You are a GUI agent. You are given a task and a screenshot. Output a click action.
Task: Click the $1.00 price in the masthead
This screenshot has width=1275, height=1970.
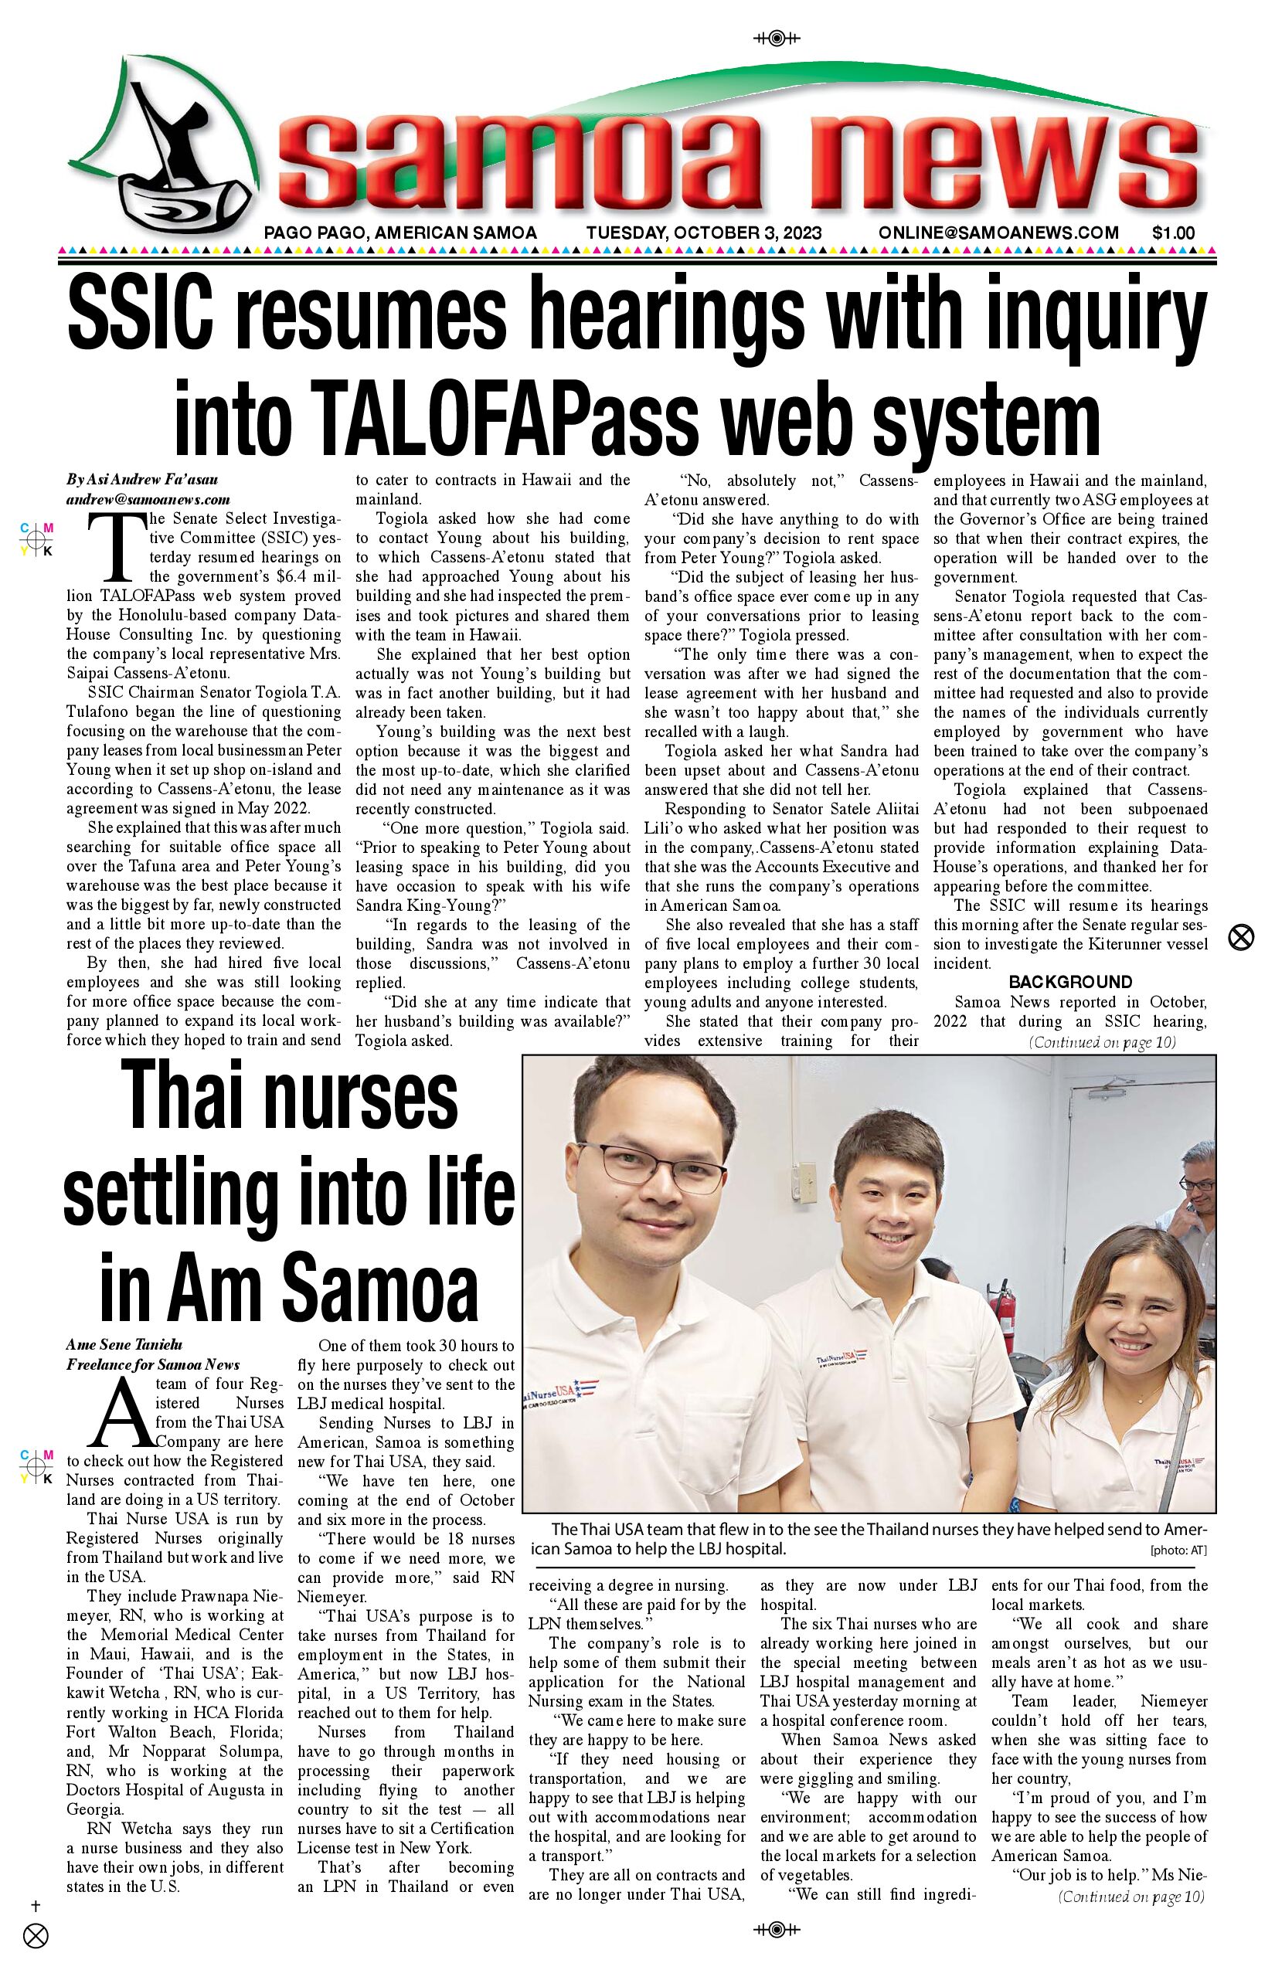point(1173,233)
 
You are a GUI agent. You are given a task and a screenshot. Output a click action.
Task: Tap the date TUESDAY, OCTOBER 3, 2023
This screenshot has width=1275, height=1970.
point(704,233)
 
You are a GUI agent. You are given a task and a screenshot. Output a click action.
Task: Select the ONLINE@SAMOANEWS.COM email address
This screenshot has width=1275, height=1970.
point(998,233)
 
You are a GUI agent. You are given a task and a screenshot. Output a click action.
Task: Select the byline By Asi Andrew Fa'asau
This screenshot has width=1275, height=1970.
point(142,480)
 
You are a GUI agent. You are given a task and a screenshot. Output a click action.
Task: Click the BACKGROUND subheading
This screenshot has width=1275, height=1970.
point(1069,983)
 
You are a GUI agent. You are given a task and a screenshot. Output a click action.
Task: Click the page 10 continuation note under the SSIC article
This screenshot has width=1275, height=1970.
point(1102,1042)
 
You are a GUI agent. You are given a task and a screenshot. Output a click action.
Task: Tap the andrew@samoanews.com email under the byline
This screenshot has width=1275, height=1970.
point(148,500)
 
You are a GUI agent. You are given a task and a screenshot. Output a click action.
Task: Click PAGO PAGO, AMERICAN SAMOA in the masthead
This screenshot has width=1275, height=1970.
point(400,233)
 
